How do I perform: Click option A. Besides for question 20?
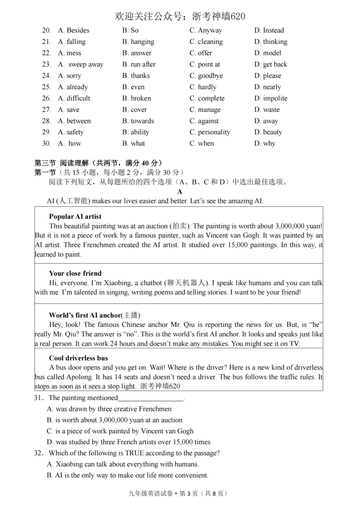point(74,30)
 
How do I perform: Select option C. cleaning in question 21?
point(206,42)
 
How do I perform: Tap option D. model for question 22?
point(268,53)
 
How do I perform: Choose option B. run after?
point(139,64)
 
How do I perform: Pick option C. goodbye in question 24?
point(206,76)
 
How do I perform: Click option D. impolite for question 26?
point(271,98)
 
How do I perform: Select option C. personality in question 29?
point(210,132)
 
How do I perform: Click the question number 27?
point(46,110)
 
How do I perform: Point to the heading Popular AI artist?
point(75,217)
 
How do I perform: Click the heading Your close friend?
point(75,273)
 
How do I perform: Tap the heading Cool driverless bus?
point(78,358)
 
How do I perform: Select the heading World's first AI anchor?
point(94,315)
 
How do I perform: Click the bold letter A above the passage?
point(180,192)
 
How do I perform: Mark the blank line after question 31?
point(150,398)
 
